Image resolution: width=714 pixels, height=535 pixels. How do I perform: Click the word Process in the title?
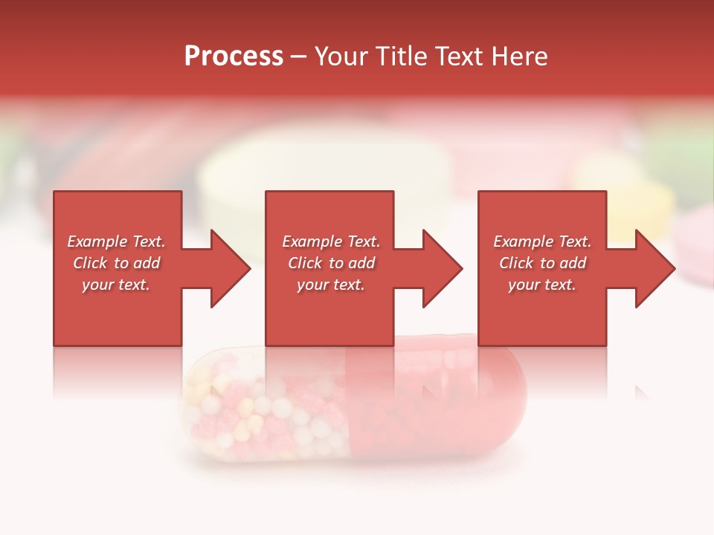234,56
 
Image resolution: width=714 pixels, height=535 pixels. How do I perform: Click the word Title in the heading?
399,56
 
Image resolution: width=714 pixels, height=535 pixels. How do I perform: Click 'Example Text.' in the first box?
117,241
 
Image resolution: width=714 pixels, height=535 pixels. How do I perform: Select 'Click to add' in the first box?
117,263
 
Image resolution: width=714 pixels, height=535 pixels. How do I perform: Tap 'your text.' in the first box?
117,285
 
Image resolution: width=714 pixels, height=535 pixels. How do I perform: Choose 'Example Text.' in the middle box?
331,241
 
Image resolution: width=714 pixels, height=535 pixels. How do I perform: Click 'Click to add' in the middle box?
331,263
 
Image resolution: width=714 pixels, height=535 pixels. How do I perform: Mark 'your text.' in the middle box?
331,285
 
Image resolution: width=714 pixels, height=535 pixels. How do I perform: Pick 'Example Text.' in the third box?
542,241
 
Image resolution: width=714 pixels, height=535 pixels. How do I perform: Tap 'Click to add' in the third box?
542,263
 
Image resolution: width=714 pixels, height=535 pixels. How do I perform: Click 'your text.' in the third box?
542,285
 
